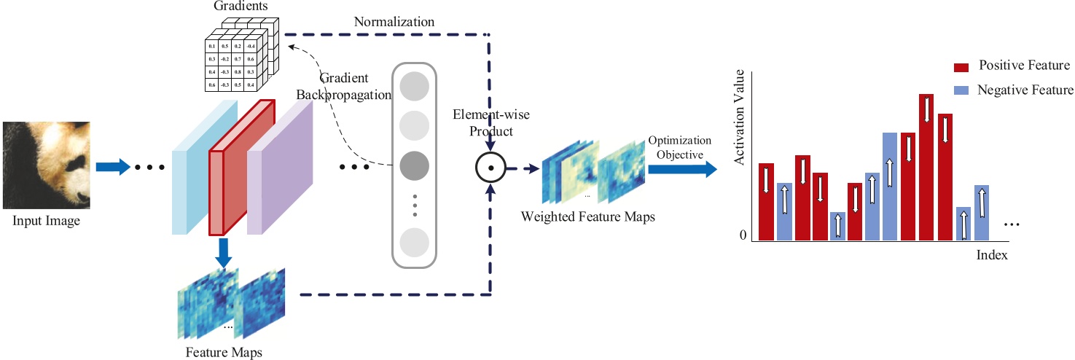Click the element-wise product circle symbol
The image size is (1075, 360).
pyautogui.click(x=490, y=168)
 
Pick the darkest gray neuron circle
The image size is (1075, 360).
pyautogui.click(x=414, y=166)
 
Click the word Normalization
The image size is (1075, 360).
pyautogui.click(x=394, y=22)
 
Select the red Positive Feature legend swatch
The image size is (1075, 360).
pyautogui.click(x=961, y=67)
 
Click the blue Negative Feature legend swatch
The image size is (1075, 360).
pyautogui.click(x=961, y=90)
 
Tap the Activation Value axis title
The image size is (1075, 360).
pyautogui.click(x=740, y=117)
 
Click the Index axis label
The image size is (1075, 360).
pyautogui.click(x=992, y=255)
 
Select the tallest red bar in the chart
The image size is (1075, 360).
pyautogui.click(x=926, y=167)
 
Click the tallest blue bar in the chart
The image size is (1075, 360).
pyautogui.click(x=891, y=187)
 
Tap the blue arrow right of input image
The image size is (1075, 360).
pyautogui.click(x=112, y=168)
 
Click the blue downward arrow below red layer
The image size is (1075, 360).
pyautogui.click(x=224, y=252)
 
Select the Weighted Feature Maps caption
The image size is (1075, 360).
pyautogui.click(x=587, y=217)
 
